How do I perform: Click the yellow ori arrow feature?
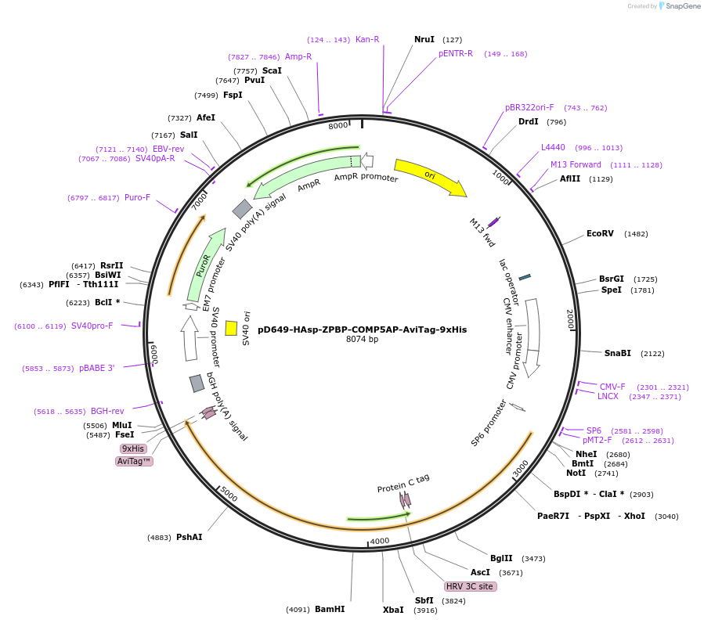click(x=429, y=176)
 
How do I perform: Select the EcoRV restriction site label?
click(x=600, y=233)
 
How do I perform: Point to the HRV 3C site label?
click(x=470, y=586)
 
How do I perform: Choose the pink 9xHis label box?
click(x=132, y=448)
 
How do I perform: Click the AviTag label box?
click(x=134, y=462)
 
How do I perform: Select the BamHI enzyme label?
click(x=330, y=609)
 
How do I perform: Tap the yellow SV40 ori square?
click(x=231, y=328)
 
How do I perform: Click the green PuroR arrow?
click(x=205, y=265)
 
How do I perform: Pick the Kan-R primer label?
click(x=367, y=39)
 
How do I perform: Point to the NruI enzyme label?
click(x=424, y=39)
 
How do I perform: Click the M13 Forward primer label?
click(x=576, y=164)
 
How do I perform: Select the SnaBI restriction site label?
click(x=617, y=353)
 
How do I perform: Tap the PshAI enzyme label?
click(x=189, y=537)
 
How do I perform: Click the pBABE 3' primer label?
click(x=96, y=368)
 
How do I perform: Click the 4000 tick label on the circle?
click(x=380, y=541)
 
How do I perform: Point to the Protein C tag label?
click(x=403, y=483)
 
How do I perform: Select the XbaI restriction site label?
click(x=393, y=610)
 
